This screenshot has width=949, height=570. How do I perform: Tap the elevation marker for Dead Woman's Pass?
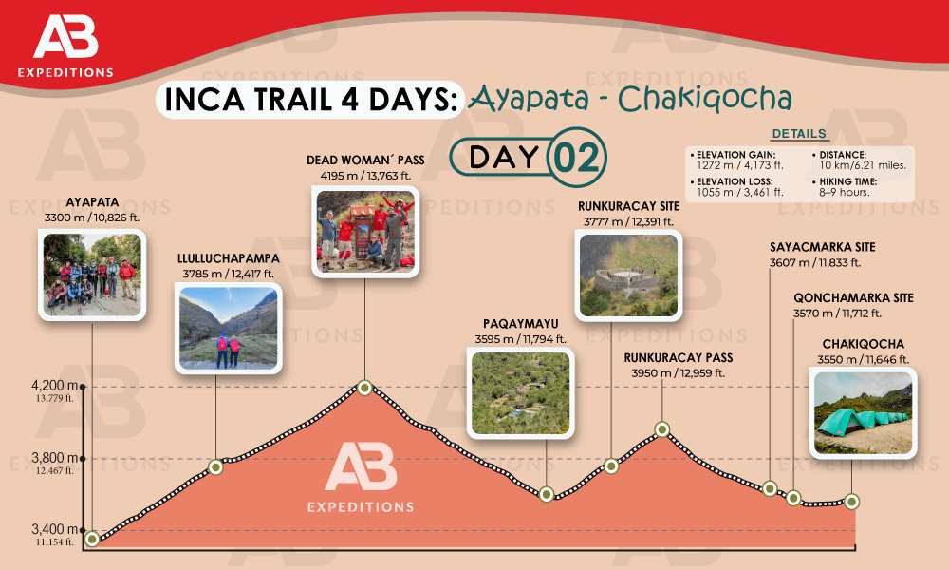pyautogui.click(x=364, y=387)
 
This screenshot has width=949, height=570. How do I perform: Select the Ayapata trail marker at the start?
pyautogui.click(x=92, y=539)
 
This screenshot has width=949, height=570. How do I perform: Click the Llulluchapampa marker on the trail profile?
pyautogui.click(x=216, y=465)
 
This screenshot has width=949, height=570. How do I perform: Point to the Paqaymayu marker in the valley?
pyautogui.click(x=546, y=493)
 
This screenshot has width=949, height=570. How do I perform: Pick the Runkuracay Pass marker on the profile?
pyautogui.click(x=663, y=429)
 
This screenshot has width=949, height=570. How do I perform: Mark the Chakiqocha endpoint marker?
pyautogui.click(x=852, y=501)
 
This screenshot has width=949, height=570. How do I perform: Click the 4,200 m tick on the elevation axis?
pyautogui.click(x=84, y=387)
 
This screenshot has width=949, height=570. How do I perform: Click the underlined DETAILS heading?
pyautogui.click(x=798, y=134)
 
